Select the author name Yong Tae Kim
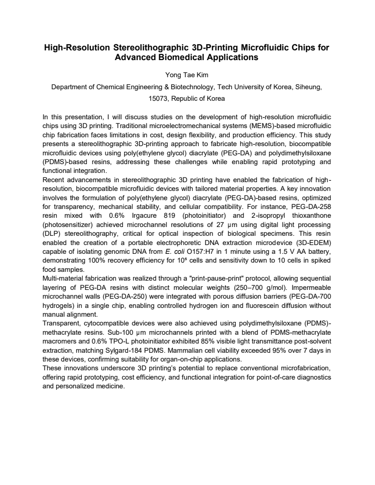click(x=187, y=75)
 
